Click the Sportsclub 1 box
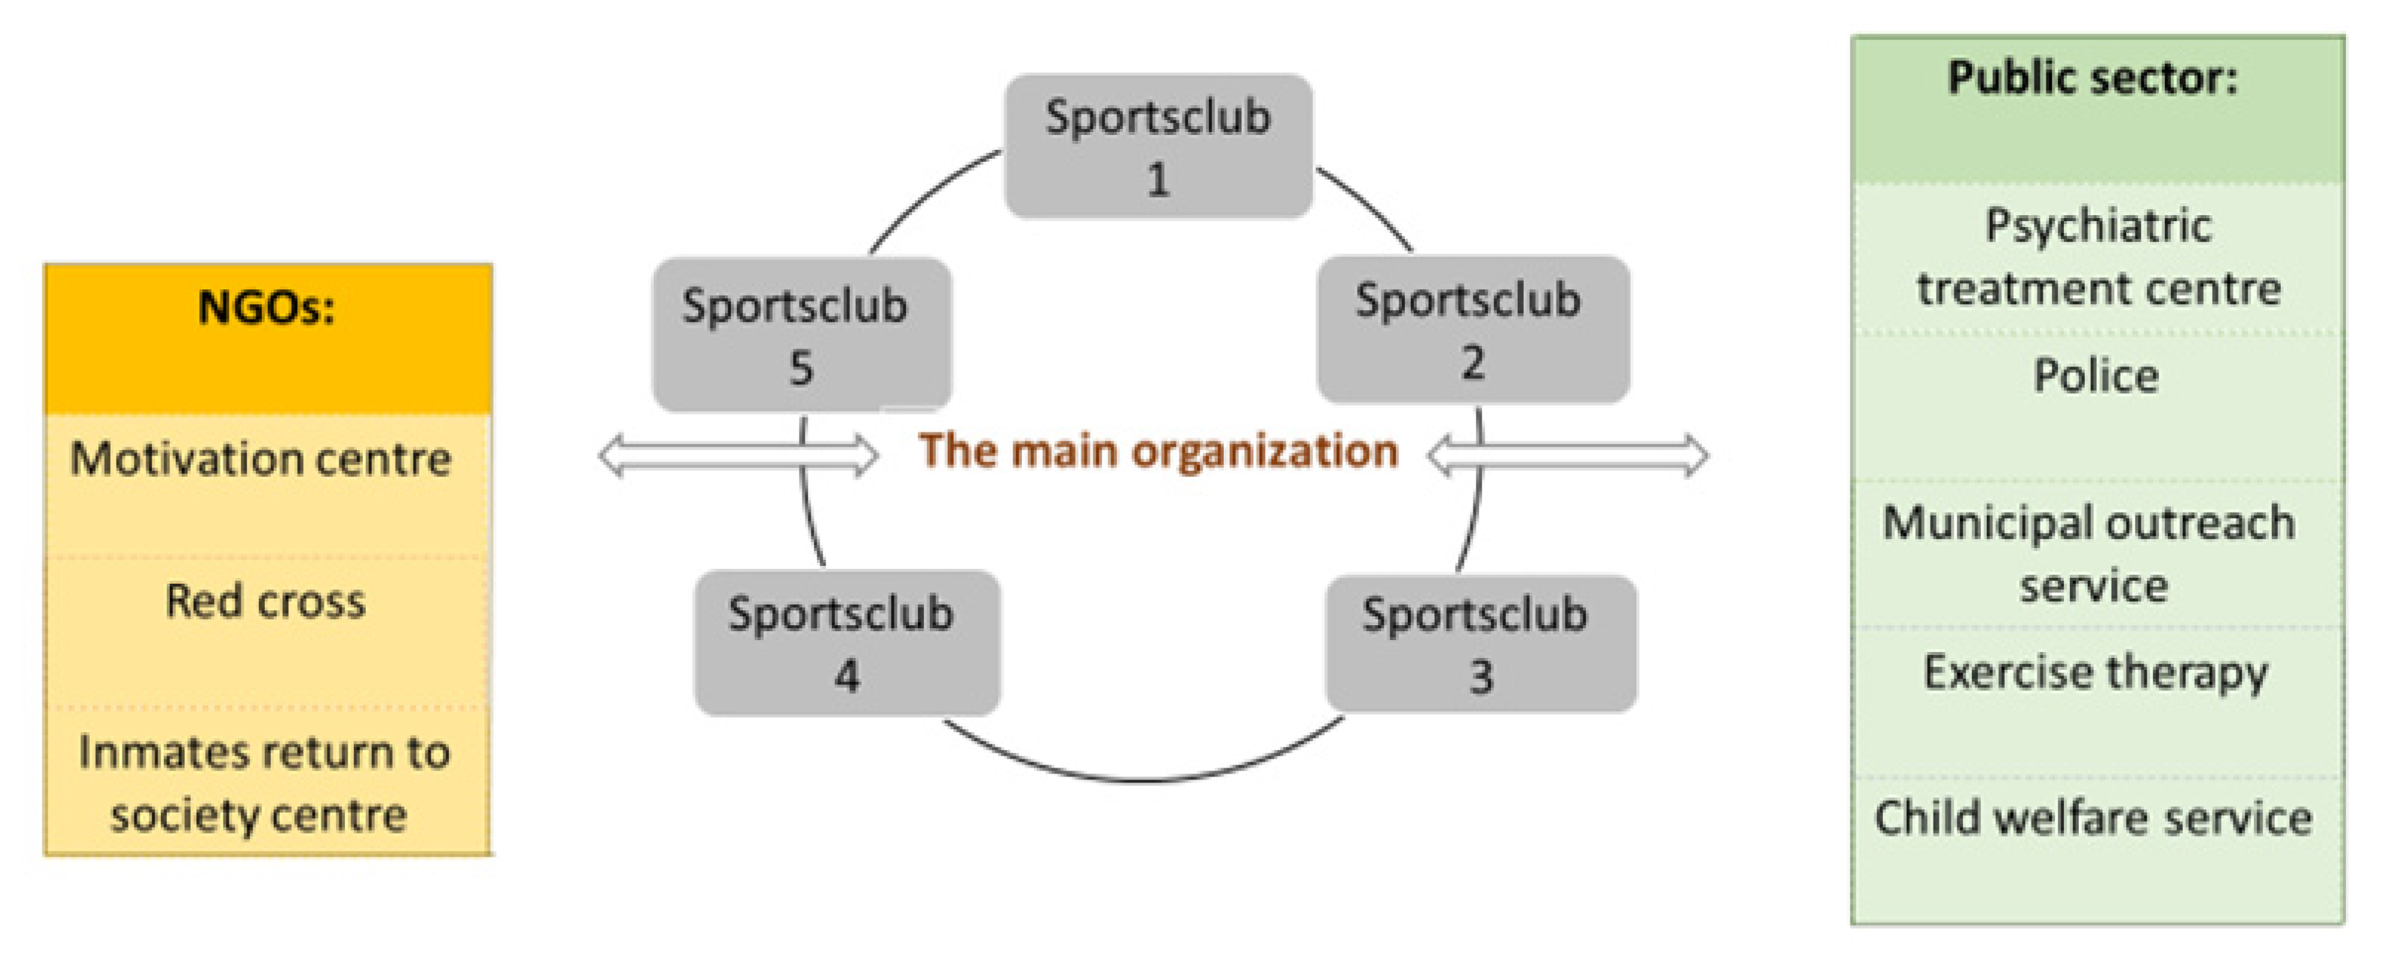[x=1158, y=146]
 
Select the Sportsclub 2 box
[x=1473, y=329]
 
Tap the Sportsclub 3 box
[x=1480, y=643]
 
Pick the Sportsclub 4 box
[x=847, y=643]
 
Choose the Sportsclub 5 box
[x=800, y=335]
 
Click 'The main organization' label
[x=1157, y=451]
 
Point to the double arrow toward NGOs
[x=738, y=455]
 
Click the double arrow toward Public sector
[x=1568, y=455]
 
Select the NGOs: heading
[x=266, y=308]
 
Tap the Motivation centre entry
[x=261, y=458]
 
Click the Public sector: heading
[x=2094, y=78]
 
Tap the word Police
[x=2095, y=376]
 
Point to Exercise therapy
[x=2095, y=673]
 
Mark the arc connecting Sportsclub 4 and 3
[x=1142, y=780]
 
